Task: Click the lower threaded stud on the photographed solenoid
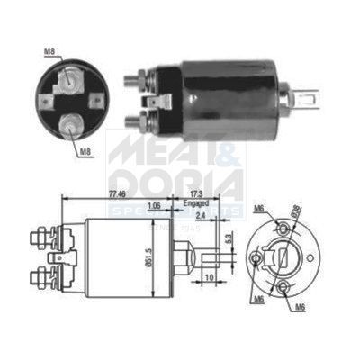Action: click(x=131, y=120)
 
